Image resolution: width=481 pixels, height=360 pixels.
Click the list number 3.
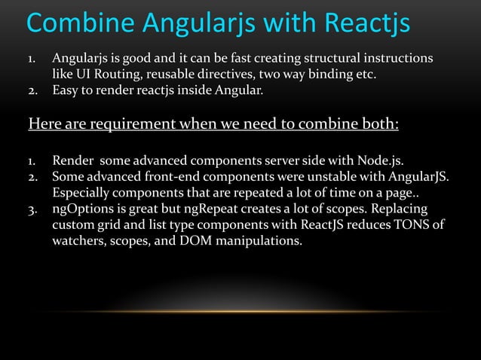click(x=32, y=210)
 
